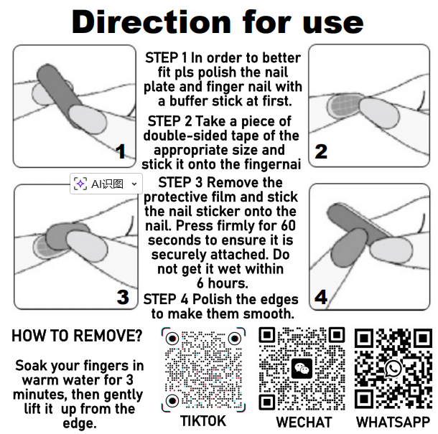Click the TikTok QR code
204,369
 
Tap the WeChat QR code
302,369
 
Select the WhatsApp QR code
393,369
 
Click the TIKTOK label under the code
203,421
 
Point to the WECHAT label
304,422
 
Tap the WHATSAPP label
393,422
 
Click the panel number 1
121,151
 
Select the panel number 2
321,151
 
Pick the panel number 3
123,297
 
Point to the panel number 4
321,297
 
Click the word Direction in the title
152,22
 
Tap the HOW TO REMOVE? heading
77,336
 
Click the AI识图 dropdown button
106,184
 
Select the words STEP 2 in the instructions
170,121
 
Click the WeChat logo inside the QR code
302,369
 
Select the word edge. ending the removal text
80,423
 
